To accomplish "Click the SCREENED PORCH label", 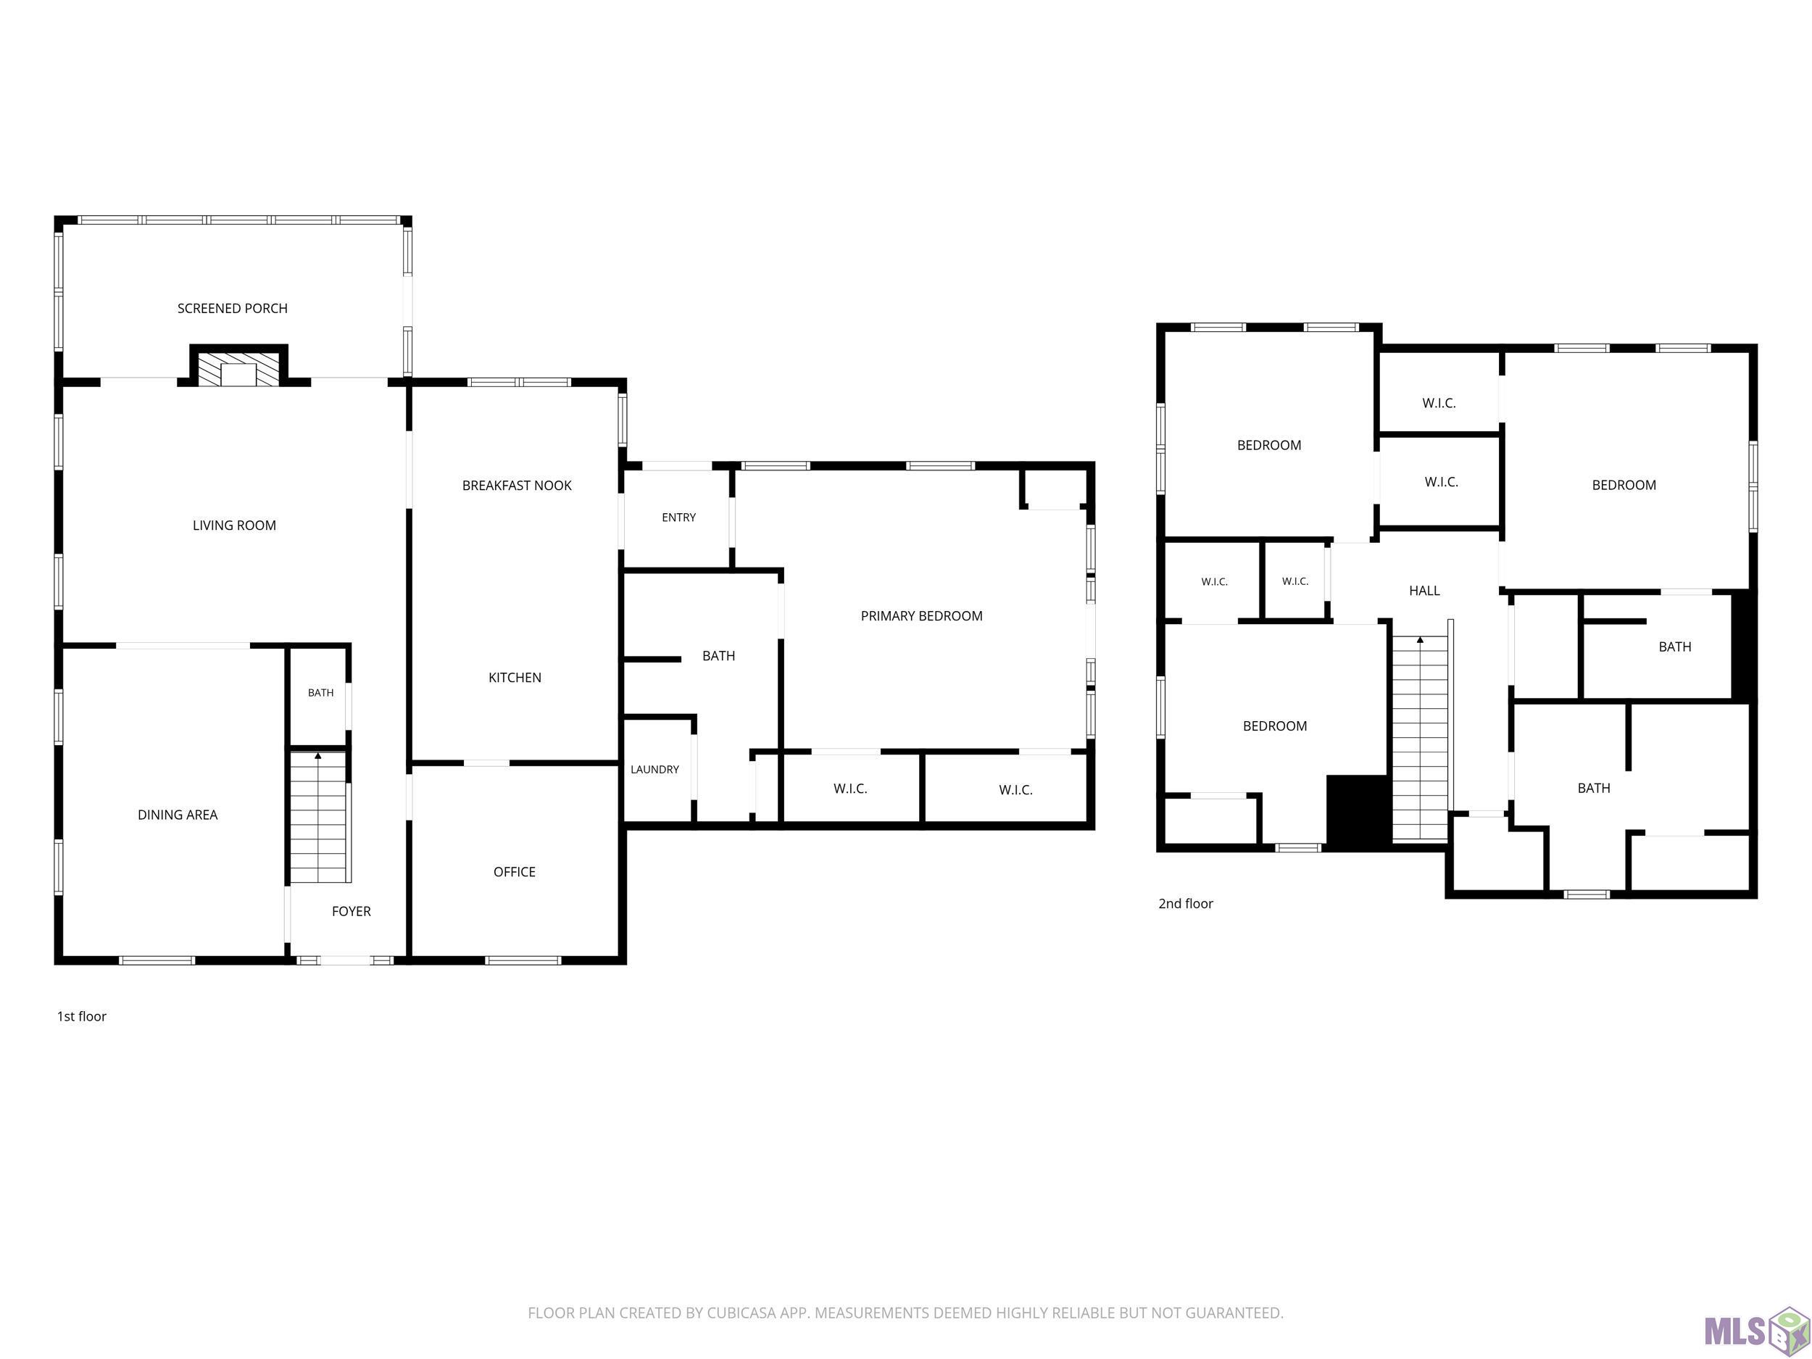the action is click(x=233, y=309).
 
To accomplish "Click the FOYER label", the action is click(x=352, y=912).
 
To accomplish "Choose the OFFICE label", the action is click(x=515, y=873).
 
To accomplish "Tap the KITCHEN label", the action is click(x=515, y=678).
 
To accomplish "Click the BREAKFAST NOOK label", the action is click(x=517, y=486).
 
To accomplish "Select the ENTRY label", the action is click(x=679, y=518).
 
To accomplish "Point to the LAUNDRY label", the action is click(x=654, y=770).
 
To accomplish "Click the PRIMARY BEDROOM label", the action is click(x=921, y=616).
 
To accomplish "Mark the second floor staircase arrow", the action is click(x=1420, y=640).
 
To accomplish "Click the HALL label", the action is click(x=1424, y=591).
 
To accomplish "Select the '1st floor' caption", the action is click(x=82, y=1017).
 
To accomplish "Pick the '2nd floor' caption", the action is click(x=1185, y=904).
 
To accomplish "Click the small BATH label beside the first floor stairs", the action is click(x=321, y=693).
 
